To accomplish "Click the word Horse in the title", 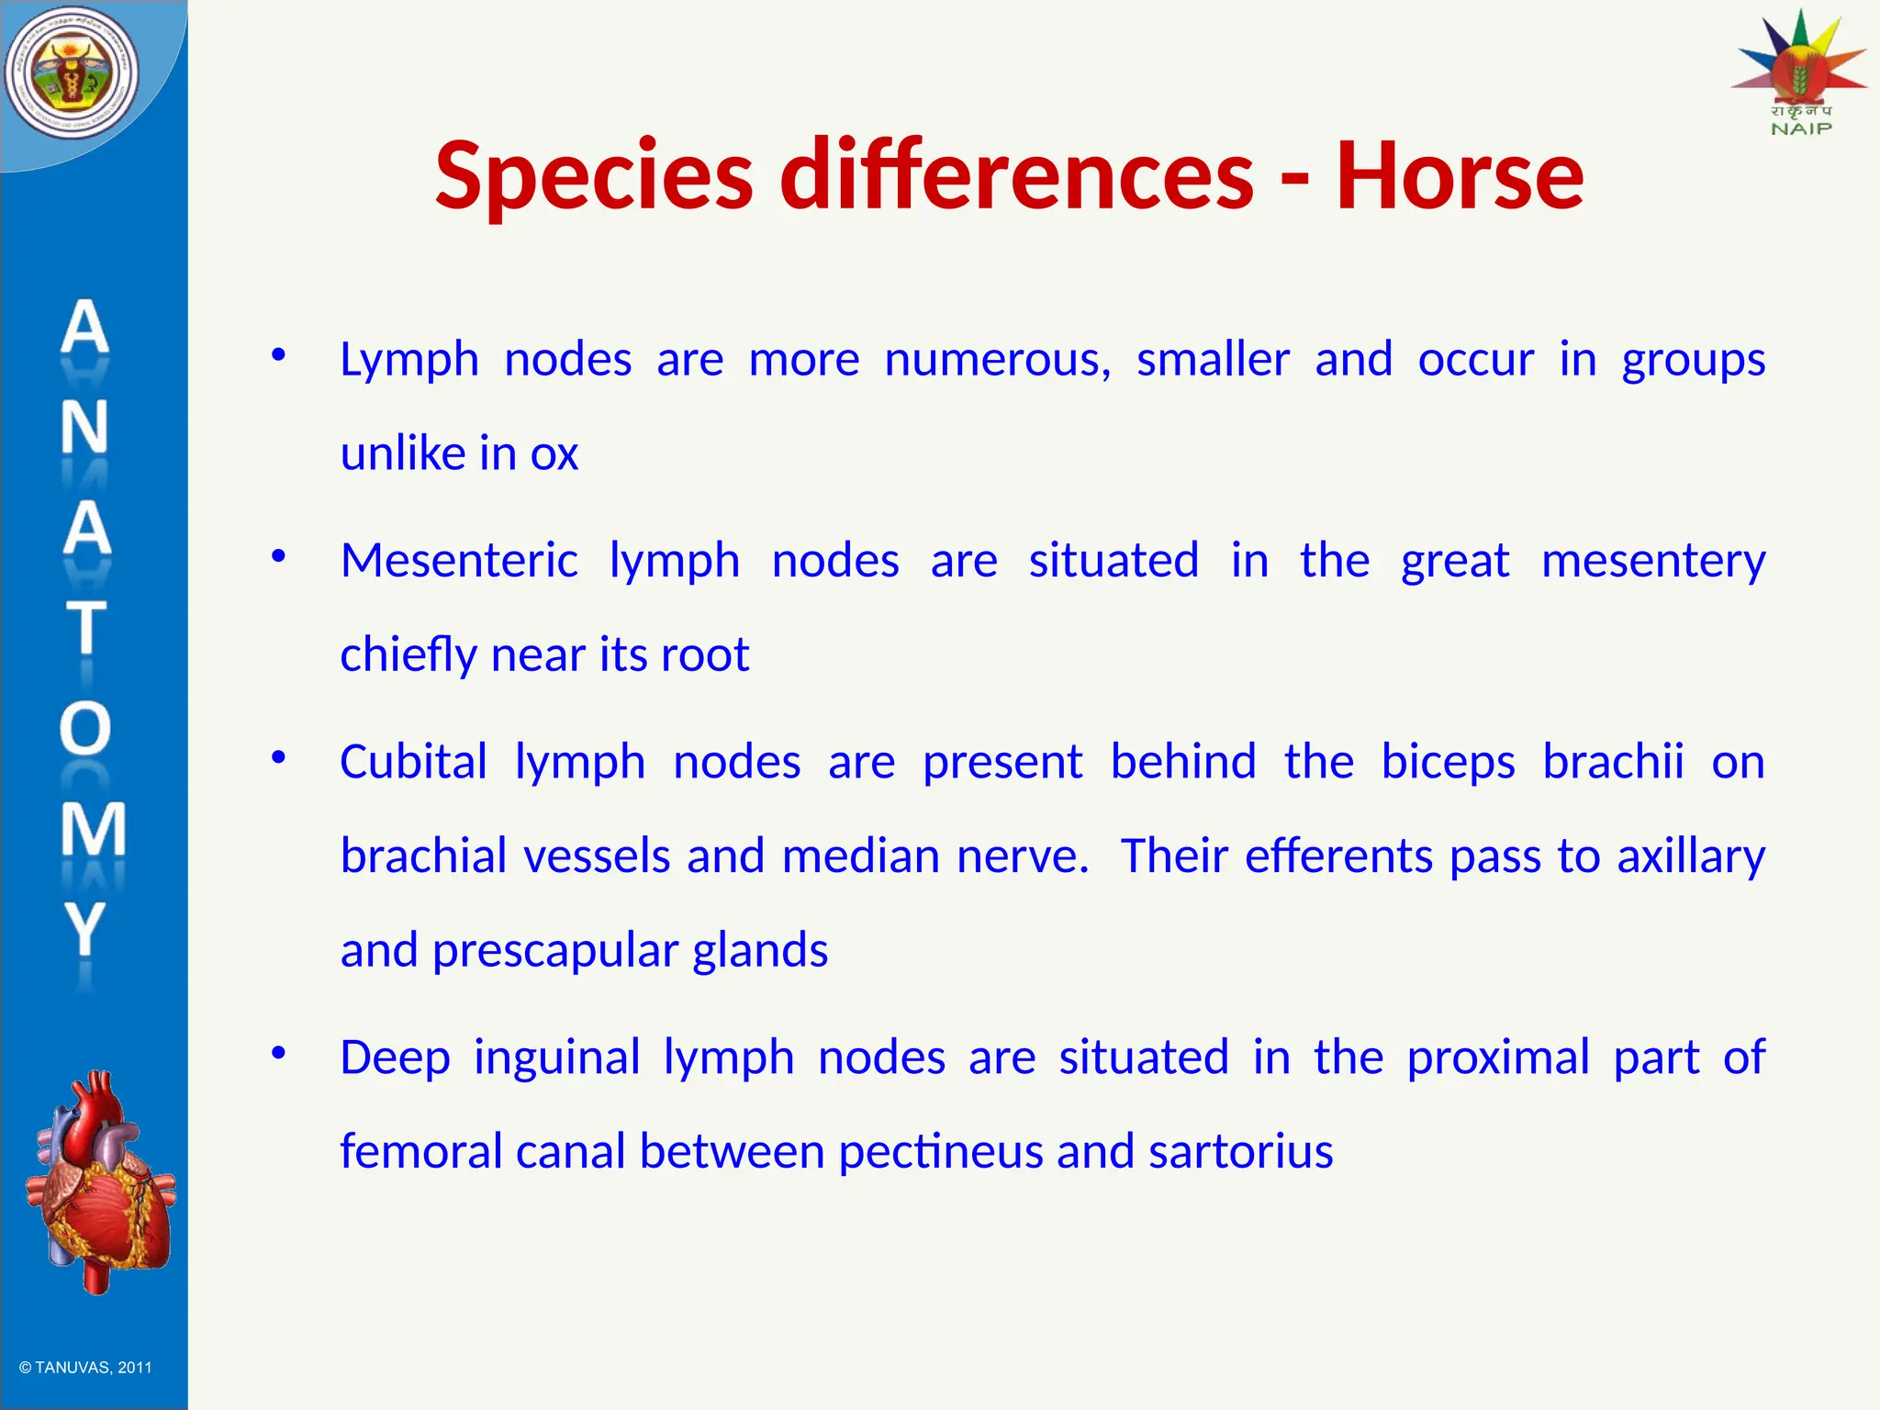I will pos(1460,174).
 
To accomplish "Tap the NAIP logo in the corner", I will pos(1799,73).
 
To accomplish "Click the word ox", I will pos(554,453).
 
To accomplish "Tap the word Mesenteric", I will pos(459,560).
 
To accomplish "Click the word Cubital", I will pos(413,762).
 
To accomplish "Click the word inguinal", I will pos(556,1057).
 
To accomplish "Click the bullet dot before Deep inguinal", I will pos(278,1053).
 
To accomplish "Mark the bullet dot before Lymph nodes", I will pos(278,354).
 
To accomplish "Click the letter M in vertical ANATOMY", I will pos(91,828).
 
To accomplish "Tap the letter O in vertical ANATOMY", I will pos(85,728).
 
